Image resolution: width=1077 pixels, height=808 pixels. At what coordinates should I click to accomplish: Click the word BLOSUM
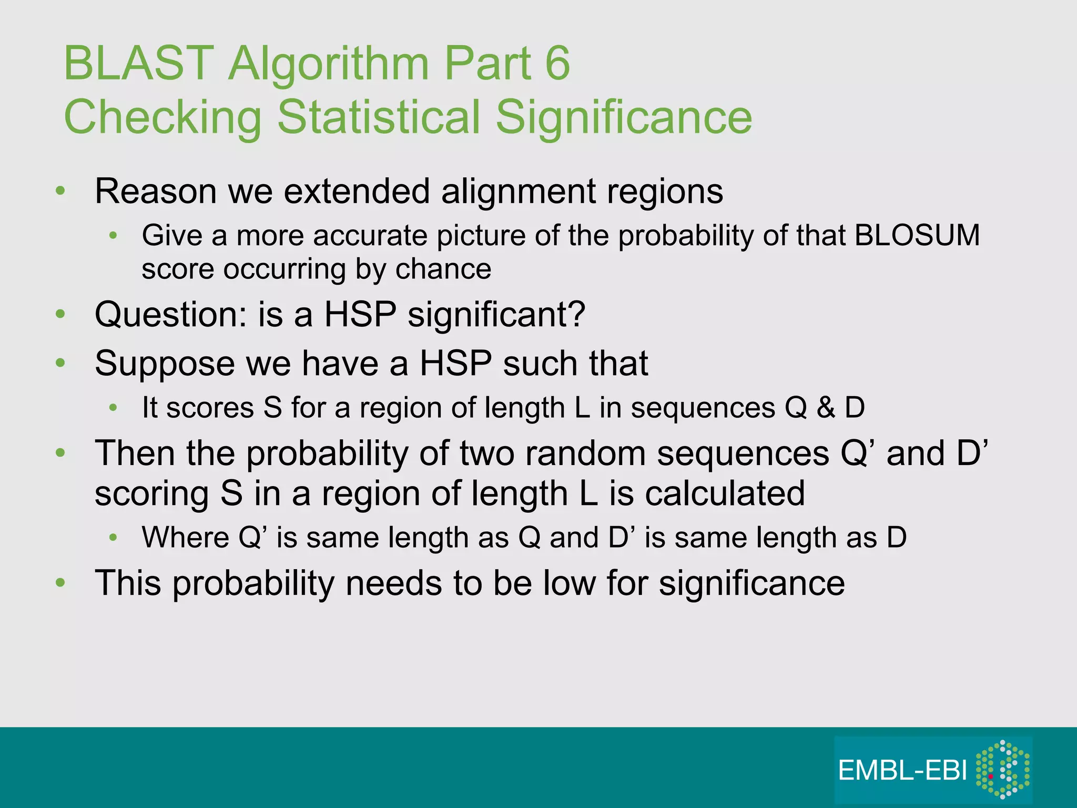click(x=917, y=235)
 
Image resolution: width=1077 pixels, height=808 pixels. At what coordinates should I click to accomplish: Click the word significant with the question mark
click(x=496, y=315)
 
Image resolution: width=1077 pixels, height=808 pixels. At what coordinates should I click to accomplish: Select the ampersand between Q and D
click(x=826, y=408)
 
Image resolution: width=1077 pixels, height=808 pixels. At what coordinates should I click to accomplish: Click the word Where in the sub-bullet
click(x=185, y=538)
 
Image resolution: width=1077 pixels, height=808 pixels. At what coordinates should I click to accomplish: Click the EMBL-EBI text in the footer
click(x=902, y=771)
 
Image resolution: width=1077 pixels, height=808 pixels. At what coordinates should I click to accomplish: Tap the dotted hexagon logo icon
click(x=1002, y=769)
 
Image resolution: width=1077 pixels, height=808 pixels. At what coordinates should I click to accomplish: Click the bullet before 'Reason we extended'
click(x=61, y=191)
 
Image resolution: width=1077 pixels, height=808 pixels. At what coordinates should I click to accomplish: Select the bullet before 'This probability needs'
click(x=61, y=583)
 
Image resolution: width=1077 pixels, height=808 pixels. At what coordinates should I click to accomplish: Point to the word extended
click(x=357, y=191)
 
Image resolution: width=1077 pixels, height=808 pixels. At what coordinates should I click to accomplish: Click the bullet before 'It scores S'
click(x=113, y=408)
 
